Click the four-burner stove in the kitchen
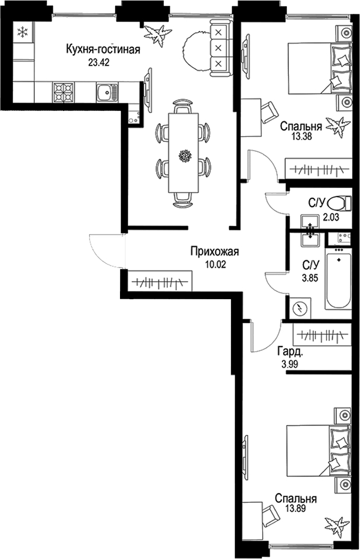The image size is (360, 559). [x=64, y=93]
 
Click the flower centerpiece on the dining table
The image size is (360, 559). [x=184, y=156]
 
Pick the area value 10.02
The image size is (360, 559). [x=215, y=264]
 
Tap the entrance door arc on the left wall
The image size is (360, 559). [x=105, y=251]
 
